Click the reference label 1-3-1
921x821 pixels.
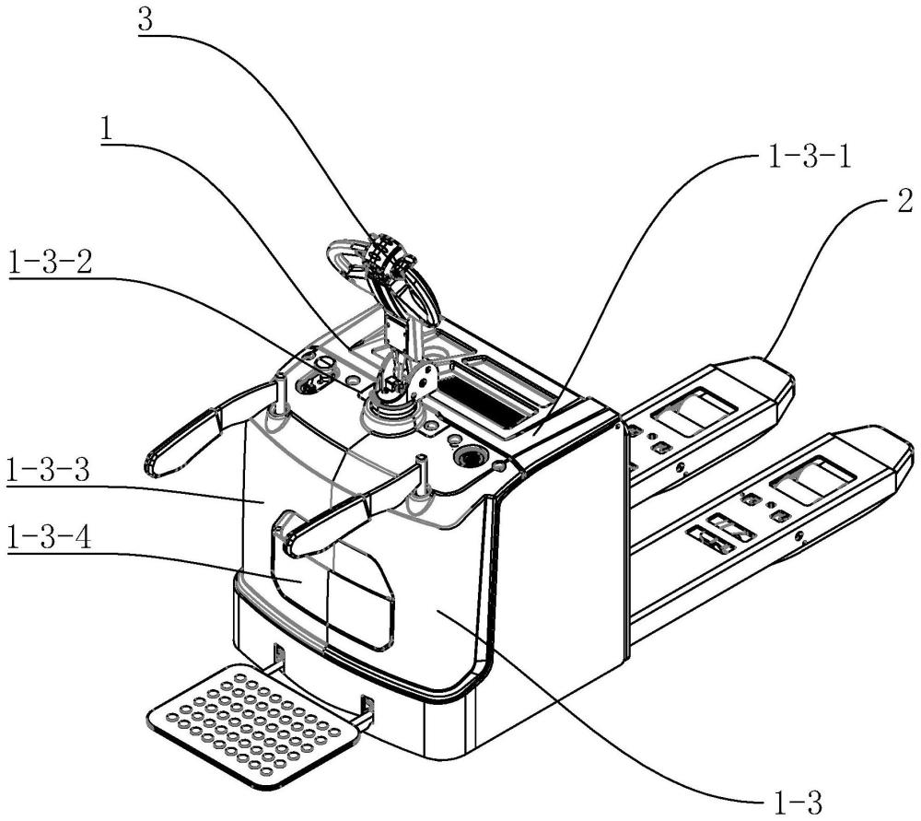[810, 158]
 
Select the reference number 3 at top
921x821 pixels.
[146, 19]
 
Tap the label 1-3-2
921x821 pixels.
[51, 262]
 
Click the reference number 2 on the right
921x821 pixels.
[904, 201]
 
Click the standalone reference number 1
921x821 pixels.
[106, 128]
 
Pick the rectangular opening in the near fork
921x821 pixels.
[812, 481]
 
